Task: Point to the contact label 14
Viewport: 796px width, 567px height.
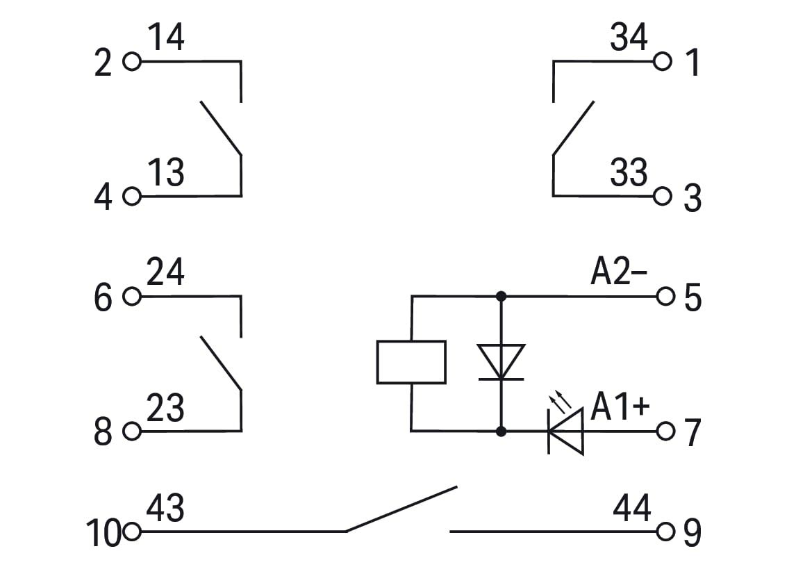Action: (x=166, y=37)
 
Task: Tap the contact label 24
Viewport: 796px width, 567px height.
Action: (x=165, y=272)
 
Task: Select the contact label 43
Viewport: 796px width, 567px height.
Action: (x=165, y=507)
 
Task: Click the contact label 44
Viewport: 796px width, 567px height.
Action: (x=631, y=507)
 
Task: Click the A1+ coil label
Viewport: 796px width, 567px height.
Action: (x=620, y=406)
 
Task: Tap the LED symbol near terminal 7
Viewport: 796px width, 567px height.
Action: (x=565, y=432)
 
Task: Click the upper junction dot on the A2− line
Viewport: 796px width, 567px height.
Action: (x=501, y=296)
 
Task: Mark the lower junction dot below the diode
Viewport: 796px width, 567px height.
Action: (x=501, y=432)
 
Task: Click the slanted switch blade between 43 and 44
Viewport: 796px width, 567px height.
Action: (x=401, y=509)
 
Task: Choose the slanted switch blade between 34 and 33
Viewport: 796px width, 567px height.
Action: (x=573, y=128)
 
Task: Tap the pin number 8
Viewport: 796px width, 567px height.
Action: (x=103, y=432)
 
